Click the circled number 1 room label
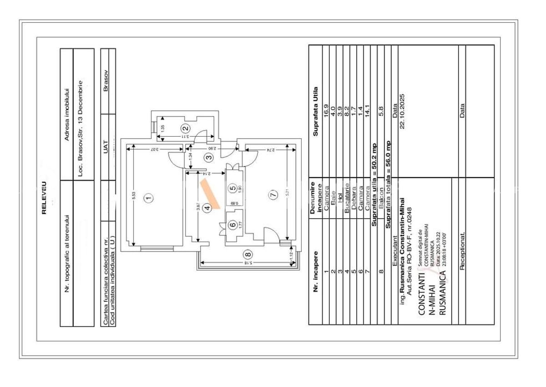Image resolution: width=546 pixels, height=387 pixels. tap(147, 198)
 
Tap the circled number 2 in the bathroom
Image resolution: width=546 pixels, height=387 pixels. tap(185, 128)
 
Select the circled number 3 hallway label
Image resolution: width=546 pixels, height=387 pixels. tap(208, 157)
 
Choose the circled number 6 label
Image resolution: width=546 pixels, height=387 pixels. tap(233, 224)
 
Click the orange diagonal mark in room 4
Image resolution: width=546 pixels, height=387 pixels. tap(211, 194)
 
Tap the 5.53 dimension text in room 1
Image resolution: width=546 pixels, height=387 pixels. tap(133, 195)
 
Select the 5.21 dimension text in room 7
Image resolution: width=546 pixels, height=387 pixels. tap(288, 193)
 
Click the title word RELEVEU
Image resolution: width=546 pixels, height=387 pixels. tap(44, 198)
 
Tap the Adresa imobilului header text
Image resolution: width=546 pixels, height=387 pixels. tap(66, 114)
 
